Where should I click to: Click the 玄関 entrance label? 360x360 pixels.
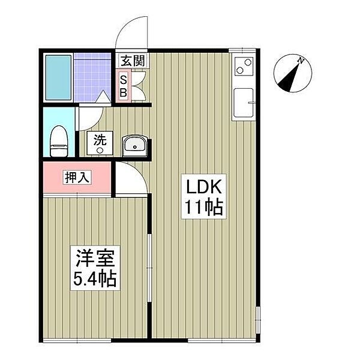click(133, 61)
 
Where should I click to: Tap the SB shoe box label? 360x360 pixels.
click(124, 86)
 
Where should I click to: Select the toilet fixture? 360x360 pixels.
click(59, 141)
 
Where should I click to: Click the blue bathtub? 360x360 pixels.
click(58, 77)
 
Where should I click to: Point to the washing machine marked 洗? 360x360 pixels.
click(100, 143)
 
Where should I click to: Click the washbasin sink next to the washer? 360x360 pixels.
click(135, 146)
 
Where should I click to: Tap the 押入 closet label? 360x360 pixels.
click(77, 177)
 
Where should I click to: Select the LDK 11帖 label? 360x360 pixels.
click(204, 196)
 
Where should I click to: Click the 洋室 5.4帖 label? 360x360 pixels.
click(95, 268)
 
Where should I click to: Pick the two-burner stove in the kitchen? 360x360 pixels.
click(244, 66)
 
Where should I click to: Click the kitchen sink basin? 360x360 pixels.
click(243, 103)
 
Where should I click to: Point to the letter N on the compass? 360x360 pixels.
click(301, 61)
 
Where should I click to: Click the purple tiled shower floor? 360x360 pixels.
click(92, 77)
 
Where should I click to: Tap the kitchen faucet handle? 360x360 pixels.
click(251, 103)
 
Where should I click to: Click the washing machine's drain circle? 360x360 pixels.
click(100, 151)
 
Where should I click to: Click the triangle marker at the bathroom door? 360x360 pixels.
click(103, 97)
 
